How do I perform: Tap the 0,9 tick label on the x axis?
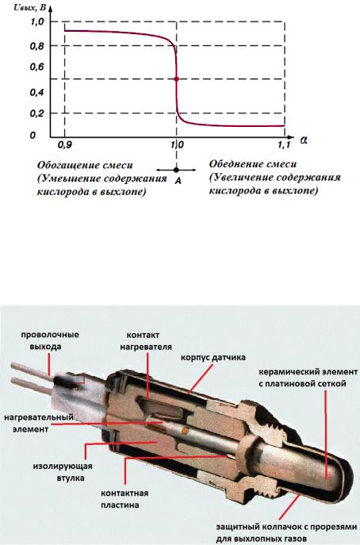point(64,145)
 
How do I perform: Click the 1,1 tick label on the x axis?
point(284,145)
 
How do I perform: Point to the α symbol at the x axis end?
point(304,140)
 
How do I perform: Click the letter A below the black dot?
point(178,181)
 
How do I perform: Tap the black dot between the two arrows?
point(176,170)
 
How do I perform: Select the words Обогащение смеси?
point(85,165)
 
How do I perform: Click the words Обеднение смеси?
point(253,164)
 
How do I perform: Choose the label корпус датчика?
point(213,357)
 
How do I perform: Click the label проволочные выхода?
point(50,340)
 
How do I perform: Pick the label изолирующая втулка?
point(63,472)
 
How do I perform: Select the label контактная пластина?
point(124,499)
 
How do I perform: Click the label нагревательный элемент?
point(39,423)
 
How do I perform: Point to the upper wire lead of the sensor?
point(32,370)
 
